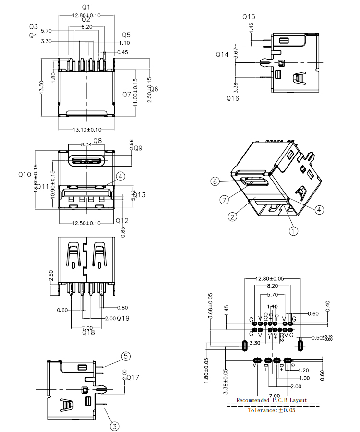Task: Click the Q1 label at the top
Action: coord(86,8)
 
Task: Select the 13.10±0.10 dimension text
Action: coord(86,130)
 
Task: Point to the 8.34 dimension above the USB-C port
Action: coord(86,144)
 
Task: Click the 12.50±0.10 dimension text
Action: coord(86,223)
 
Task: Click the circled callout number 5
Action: coord(126,356)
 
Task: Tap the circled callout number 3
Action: coord(114,425)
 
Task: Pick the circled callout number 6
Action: coord(216,181)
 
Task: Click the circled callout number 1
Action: coord(293,230)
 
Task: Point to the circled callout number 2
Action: coord(233,217)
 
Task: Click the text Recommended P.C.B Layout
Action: coord(272,400)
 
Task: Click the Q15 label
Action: coord(249,17)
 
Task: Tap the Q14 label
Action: coord(222,55)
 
